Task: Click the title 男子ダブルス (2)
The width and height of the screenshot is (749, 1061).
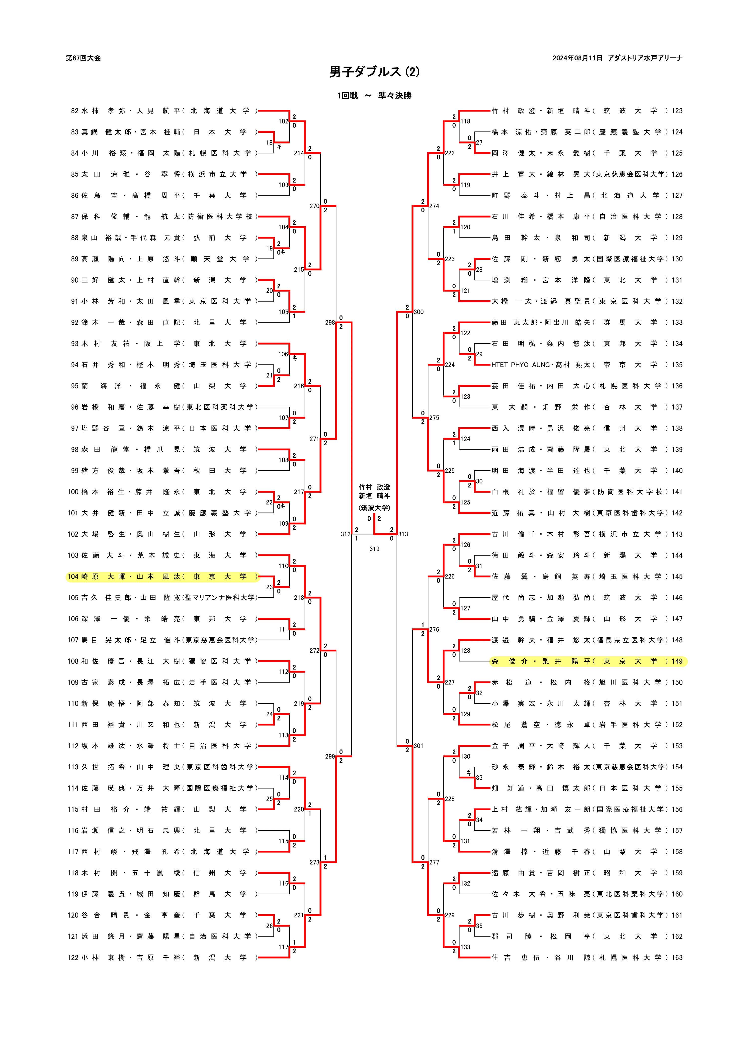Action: click(x=374, y=72)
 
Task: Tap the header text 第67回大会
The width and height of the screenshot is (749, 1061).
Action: click(x=83, y=58)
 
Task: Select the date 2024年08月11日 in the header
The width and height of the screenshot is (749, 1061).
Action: click(x=577, y=58)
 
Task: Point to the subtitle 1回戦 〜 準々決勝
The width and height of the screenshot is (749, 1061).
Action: click(x=374, y=96)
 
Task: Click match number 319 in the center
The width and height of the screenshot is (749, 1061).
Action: click(x=374, y=549)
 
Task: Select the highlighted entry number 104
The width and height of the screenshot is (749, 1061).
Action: click(x=73, y=576)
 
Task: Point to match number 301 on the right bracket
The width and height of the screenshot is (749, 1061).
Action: click(x=418, y=746)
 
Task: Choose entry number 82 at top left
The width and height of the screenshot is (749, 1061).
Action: click(x=75, y=111)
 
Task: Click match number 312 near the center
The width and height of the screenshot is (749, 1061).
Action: click(x=345, y=534)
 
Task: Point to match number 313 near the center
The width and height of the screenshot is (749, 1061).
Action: click(x=403, y=534)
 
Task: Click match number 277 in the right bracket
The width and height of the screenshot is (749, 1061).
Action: click(x=434, y=862)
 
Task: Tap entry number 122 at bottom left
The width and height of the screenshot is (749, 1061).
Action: click(x=73, y=957)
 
